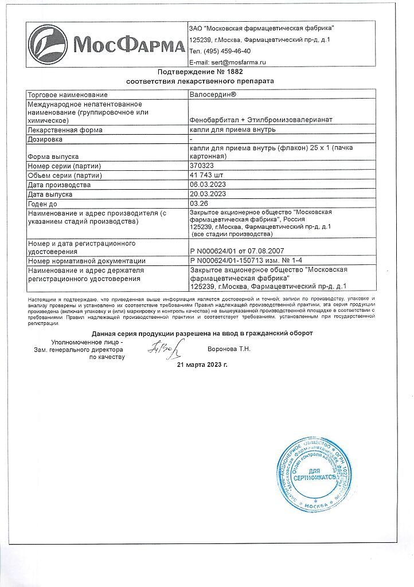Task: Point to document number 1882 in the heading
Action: (x=235, y=72)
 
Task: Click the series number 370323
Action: (x=201, y=166)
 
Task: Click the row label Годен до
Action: (x=44, y=204)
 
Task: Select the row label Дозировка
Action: (x=45, y=139)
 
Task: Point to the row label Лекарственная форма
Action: (x=65, y=130)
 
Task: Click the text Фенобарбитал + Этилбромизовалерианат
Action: (x=261, y=120)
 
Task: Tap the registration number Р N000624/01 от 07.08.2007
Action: (x=236, y=251)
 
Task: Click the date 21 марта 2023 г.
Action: (x=202, y=365)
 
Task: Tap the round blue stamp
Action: (x=314, y=475)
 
